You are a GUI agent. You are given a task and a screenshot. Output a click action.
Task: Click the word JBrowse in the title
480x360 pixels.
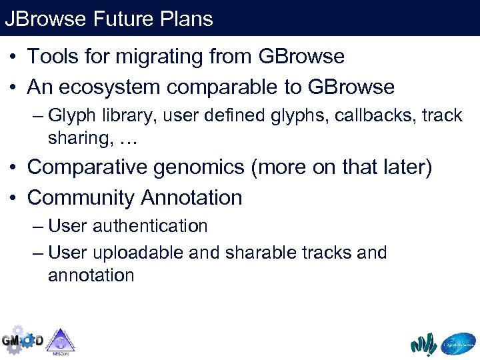[x=45, y=19]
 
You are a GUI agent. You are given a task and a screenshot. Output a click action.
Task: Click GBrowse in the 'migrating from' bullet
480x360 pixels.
[x=301, y=57]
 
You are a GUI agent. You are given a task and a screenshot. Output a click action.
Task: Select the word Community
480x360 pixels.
[x=81, y=198]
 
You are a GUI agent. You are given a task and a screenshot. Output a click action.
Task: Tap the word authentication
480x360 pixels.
[x=150, y=227]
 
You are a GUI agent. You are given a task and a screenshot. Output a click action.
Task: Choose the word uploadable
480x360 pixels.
[x=139, y=253]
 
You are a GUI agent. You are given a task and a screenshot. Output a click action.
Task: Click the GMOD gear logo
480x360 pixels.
[x=22, y=339]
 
